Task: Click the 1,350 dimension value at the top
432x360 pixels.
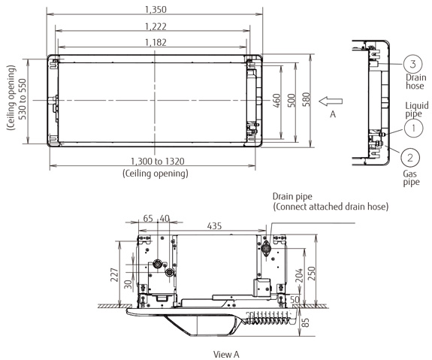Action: pyautogui.click(x=156, y=10)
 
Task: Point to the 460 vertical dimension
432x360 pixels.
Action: pyautogui.click(x=277, y=100)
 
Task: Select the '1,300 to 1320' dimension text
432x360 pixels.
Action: pyautogui.click(x=156, y=162)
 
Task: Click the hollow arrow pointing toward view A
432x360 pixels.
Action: pyautogui.click(x=330, y=100)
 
